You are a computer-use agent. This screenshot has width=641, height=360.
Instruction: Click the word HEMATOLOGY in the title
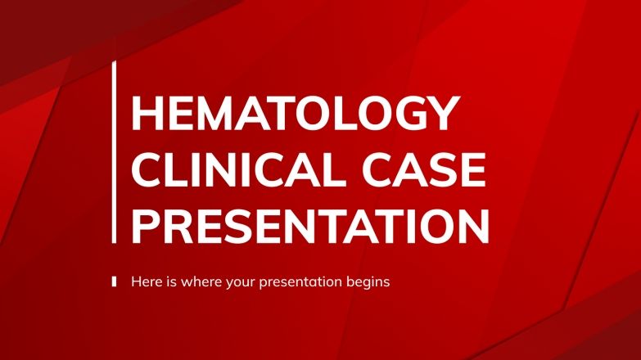291,114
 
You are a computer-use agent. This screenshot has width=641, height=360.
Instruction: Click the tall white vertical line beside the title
114,151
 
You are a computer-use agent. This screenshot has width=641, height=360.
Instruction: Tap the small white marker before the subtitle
114,281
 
